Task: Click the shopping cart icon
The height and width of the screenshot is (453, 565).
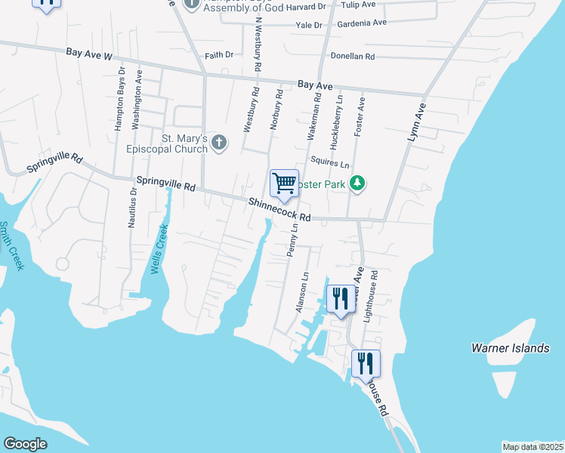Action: pyautogui.click(x=284, y=183)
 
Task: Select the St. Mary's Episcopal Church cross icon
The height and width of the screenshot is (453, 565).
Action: pyautogui.click(x=219, y=142)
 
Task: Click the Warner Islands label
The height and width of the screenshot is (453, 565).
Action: pyautogui.click(x=510, y=348)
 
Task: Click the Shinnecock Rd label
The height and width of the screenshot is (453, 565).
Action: pyautogui.click(x=279, y=210)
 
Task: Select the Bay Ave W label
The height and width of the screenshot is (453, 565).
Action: pyautogui.click(x=88, y=54)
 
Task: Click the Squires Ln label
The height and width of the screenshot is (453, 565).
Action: pyautogui.click(x=330, y=164)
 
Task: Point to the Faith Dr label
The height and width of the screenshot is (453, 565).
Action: pyautogui.click(x=219, y=55)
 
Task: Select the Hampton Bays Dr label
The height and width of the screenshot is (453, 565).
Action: pyautogui.click(x=119, y=99)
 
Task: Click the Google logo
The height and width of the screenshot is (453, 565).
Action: pyautogui.click(x=25, y=444)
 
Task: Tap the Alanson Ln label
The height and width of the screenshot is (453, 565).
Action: pyautogui.click(x=303, y=293)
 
